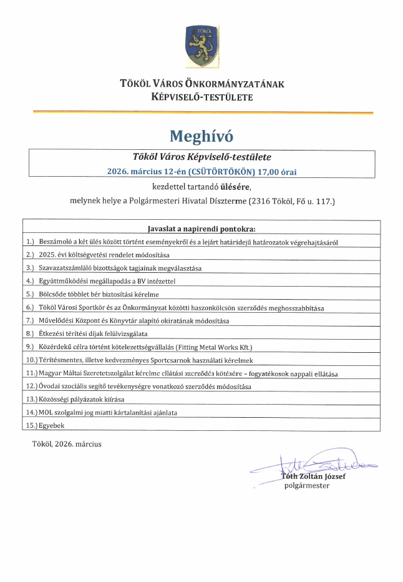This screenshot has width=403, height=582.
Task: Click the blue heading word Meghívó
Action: [201, 135]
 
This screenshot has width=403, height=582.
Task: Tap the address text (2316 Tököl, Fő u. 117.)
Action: [291, 202]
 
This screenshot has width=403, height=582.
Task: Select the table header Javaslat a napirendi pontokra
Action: [201, 228]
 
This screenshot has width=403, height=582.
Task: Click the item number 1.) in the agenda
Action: [30, 242]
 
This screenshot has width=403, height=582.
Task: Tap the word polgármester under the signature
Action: [307, 485]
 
